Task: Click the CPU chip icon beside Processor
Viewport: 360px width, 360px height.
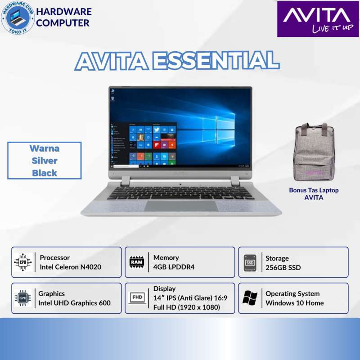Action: click(x=23, y=262)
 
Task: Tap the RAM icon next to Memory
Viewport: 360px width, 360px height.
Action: click(x=136, y=262)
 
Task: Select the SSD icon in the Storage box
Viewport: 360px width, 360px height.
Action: click(x=250, y=262)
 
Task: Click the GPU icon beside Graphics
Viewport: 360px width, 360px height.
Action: click(x=23, y=298)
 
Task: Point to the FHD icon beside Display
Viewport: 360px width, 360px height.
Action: click(x=136, y=298)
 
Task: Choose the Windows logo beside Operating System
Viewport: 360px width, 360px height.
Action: click(x=250, y=298)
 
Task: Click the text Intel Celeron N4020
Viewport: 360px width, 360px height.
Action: click(x=70, y=267)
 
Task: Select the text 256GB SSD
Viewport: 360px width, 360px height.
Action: click(x=283, y=268)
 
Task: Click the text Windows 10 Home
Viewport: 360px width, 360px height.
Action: click(x=294, y=303)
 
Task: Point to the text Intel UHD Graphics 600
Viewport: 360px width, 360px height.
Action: click(x=74, y=303)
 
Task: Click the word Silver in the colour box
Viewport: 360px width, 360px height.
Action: click(x=45, y=161)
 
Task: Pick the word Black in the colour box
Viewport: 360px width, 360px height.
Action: click(x=45, y=173)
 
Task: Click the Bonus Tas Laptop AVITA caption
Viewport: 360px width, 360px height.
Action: click(x=314, y=193)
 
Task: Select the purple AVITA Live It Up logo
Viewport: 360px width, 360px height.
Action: click(x=314, y=18)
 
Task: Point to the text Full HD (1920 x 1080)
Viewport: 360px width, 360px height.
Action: click(x=186, y=307)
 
